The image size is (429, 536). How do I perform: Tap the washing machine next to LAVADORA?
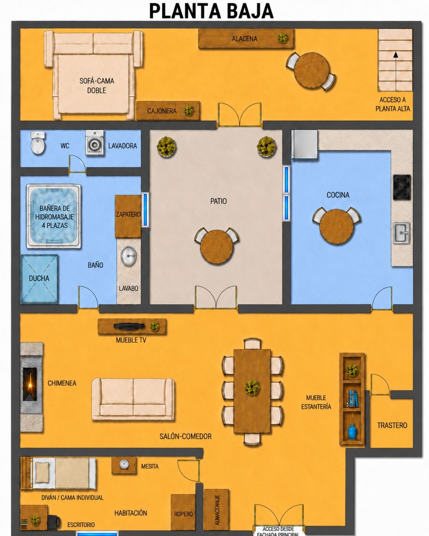coord(94,143)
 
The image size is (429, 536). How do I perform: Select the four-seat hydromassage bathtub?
coord(53,216)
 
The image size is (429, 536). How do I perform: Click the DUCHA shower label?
coord(39,278)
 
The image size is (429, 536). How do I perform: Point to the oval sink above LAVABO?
coord(129,256)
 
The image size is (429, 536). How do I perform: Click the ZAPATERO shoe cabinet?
coord(128,216)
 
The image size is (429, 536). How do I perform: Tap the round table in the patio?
coord(217,247)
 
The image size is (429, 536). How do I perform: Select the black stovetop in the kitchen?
coord(402,187)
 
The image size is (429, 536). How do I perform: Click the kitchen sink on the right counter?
coord(402,233)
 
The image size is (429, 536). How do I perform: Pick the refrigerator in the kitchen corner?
coord(305,144)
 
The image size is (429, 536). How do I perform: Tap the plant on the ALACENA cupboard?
coord(283,38)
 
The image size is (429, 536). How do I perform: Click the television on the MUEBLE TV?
coord(129,326)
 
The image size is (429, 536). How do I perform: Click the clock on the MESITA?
coord(124,464)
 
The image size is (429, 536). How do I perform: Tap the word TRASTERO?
coord(392,425)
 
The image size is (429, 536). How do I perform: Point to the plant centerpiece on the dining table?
coord(252,388)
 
